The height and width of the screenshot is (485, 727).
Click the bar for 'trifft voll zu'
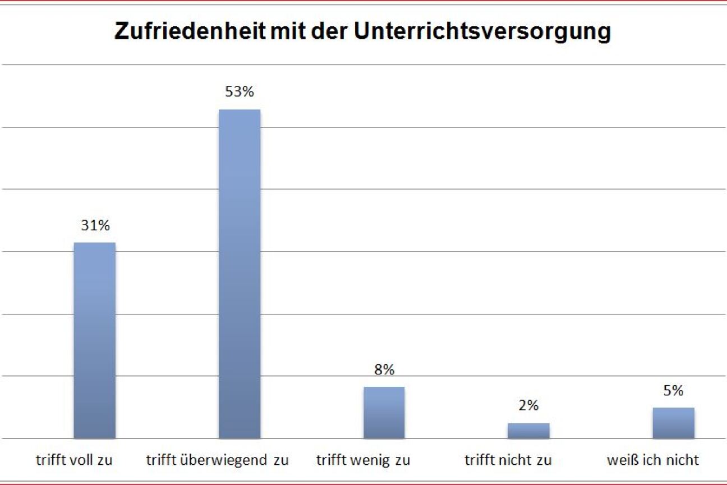(x=95, y=340)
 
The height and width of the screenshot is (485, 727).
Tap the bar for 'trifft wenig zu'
(x=384, y=412)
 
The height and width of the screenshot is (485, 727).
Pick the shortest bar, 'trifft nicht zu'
(x=528, y=431)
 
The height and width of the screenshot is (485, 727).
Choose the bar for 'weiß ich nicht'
(x=673, y=423)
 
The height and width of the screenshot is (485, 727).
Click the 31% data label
(x=95, y=226)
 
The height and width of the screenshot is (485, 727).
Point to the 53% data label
(x=240, y=91)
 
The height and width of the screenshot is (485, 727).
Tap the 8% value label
(x=384, y=370)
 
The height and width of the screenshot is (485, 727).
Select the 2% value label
(x=528, y=405)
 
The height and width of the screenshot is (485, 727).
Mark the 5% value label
(x=673, y=391)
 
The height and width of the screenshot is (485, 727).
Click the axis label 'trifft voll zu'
(x=75, y=460)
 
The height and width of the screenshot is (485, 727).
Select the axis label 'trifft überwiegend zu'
(x=218, y=460)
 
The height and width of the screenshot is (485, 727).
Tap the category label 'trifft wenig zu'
(x=363, y=460)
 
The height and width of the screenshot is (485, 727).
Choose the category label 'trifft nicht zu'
(x=508, y=460)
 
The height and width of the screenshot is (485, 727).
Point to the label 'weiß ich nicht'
(x=653, y=460)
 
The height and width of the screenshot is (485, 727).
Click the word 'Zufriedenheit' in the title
(x=190, y=32)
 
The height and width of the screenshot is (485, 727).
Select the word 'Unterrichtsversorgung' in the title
(x=482, y=32)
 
